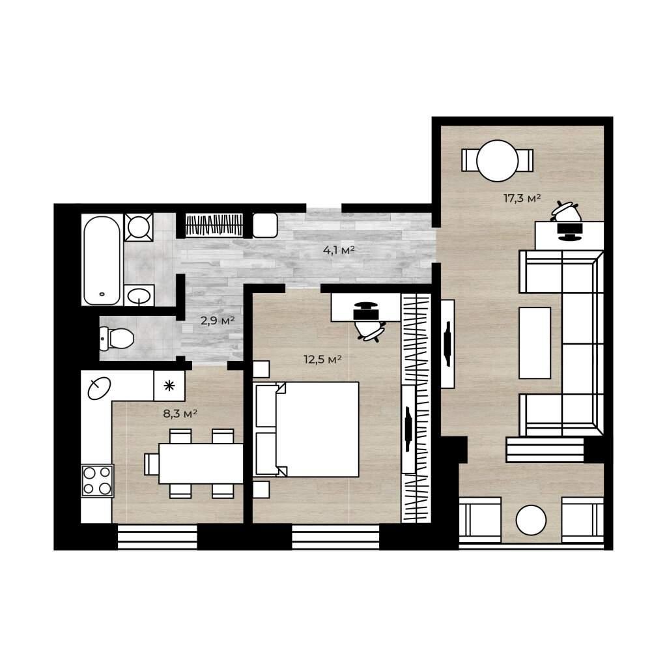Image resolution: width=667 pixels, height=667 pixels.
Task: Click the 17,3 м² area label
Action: click(522, 198)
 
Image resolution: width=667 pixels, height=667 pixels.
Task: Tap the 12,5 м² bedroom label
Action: click(322, 360)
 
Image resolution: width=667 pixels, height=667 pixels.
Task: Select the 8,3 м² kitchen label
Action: click(180, 414)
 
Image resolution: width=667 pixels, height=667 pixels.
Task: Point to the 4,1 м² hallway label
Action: click(339, 251)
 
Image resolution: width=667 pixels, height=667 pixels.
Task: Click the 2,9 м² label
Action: click(218, 320)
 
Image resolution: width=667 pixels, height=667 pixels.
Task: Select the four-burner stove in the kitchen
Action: click(98, 481)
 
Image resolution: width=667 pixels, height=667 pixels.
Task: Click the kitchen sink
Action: click(99, 388)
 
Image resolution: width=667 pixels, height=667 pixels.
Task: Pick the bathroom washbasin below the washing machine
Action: click(139, 296)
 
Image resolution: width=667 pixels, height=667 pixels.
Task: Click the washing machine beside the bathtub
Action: click(139, 227)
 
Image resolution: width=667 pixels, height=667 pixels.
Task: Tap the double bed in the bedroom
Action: click(306, 429)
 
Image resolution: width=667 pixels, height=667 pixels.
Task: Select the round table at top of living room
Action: click(497, 161)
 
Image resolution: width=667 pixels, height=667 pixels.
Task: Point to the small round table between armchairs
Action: click(531, 520)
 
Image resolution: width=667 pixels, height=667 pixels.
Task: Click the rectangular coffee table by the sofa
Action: click(535, 343)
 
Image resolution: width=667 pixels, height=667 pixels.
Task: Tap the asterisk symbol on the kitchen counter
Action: click(169, 386)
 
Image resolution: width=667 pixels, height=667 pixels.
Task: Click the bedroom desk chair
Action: click(369, 329)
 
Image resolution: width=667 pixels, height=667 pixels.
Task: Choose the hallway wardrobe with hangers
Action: click(214, 225)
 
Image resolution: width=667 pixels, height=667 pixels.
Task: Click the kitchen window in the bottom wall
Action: click(158, 537)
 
